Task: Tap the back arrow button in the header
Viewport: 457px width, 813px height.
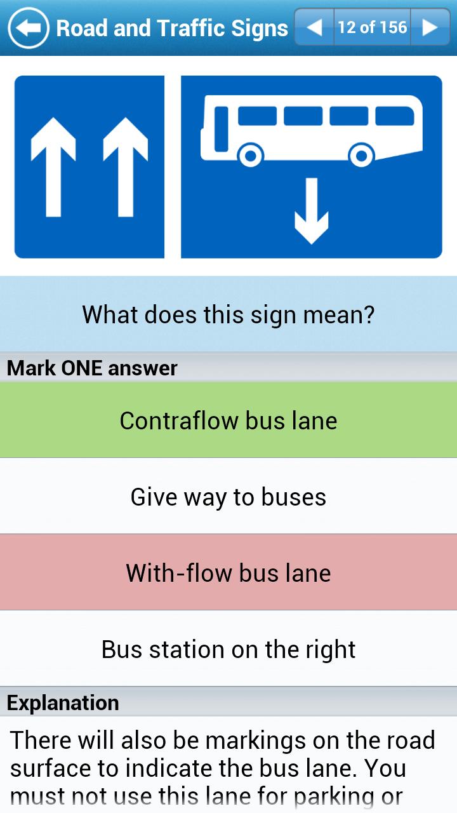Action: click(x=29, y=28)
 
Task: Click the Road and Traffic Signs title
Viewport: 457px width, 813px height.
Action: click(x=172, y=29)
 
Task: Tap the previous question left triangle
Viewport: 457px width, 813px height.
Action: click(x=314, y=27)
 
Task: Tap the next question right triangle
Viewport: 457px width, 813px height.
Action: click(x=430, y=27)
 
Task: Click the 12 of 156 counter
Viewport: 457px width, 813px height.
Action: click(x=373, y=27)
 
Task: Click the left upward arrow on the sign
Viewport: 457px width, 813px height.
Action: click(x=53, y=167)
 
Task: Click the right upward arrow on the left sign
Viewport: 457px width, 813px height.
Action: click(x=126, y=167)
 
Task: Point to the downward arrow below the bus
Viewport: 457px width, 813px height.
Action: click(x=312, y=211)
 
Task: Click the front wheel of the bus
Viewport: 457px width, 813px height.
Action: click(x=251, y=155)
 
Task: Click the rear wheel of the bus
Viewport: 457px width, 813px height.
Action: click(x=362, y=155)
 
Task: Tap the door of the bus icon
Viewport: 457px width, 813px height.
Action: click(x=222, y=129)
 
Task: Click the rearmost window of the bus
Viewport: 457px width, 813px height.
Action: click(x=395, y=116)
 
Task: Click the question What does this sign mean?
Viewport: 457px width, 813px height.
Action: click(x=228, y=314)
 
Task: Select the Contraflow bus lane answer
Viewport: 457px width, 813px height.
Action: click(x=228, y=420)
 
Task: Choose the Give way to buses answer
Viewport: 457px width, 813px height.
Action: click(x=228, y=496)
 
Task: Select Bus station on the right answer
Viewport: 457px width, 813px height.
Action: click(x=228, y=648)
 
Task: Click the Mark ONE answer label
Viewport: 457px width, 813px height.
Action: click(x=92, y=368)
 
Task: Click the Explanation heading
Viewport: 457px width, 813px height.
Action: click(x=63, y=702)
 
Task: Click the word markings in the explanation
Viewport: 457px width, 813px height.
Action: click(x=256, y=741)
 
